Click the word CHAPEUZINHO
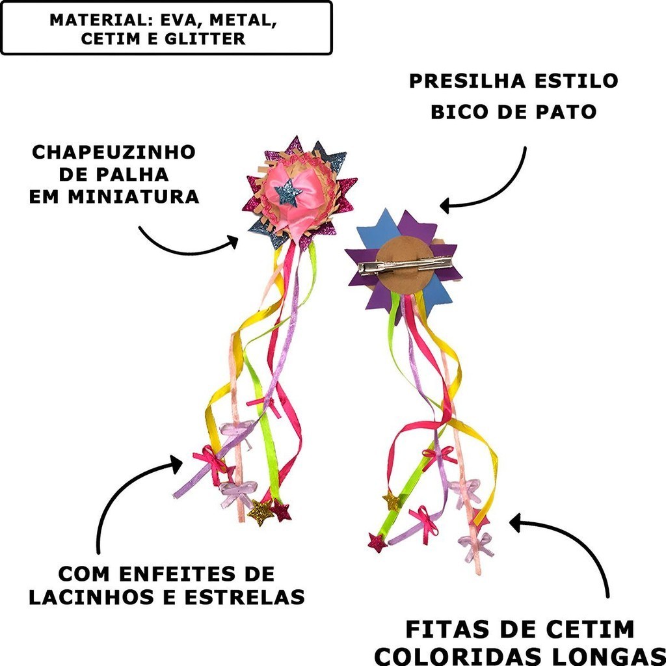tap(114, 152)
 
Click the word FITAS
tap(449, 630)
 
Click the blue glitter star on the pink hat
tap(287, 193)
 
